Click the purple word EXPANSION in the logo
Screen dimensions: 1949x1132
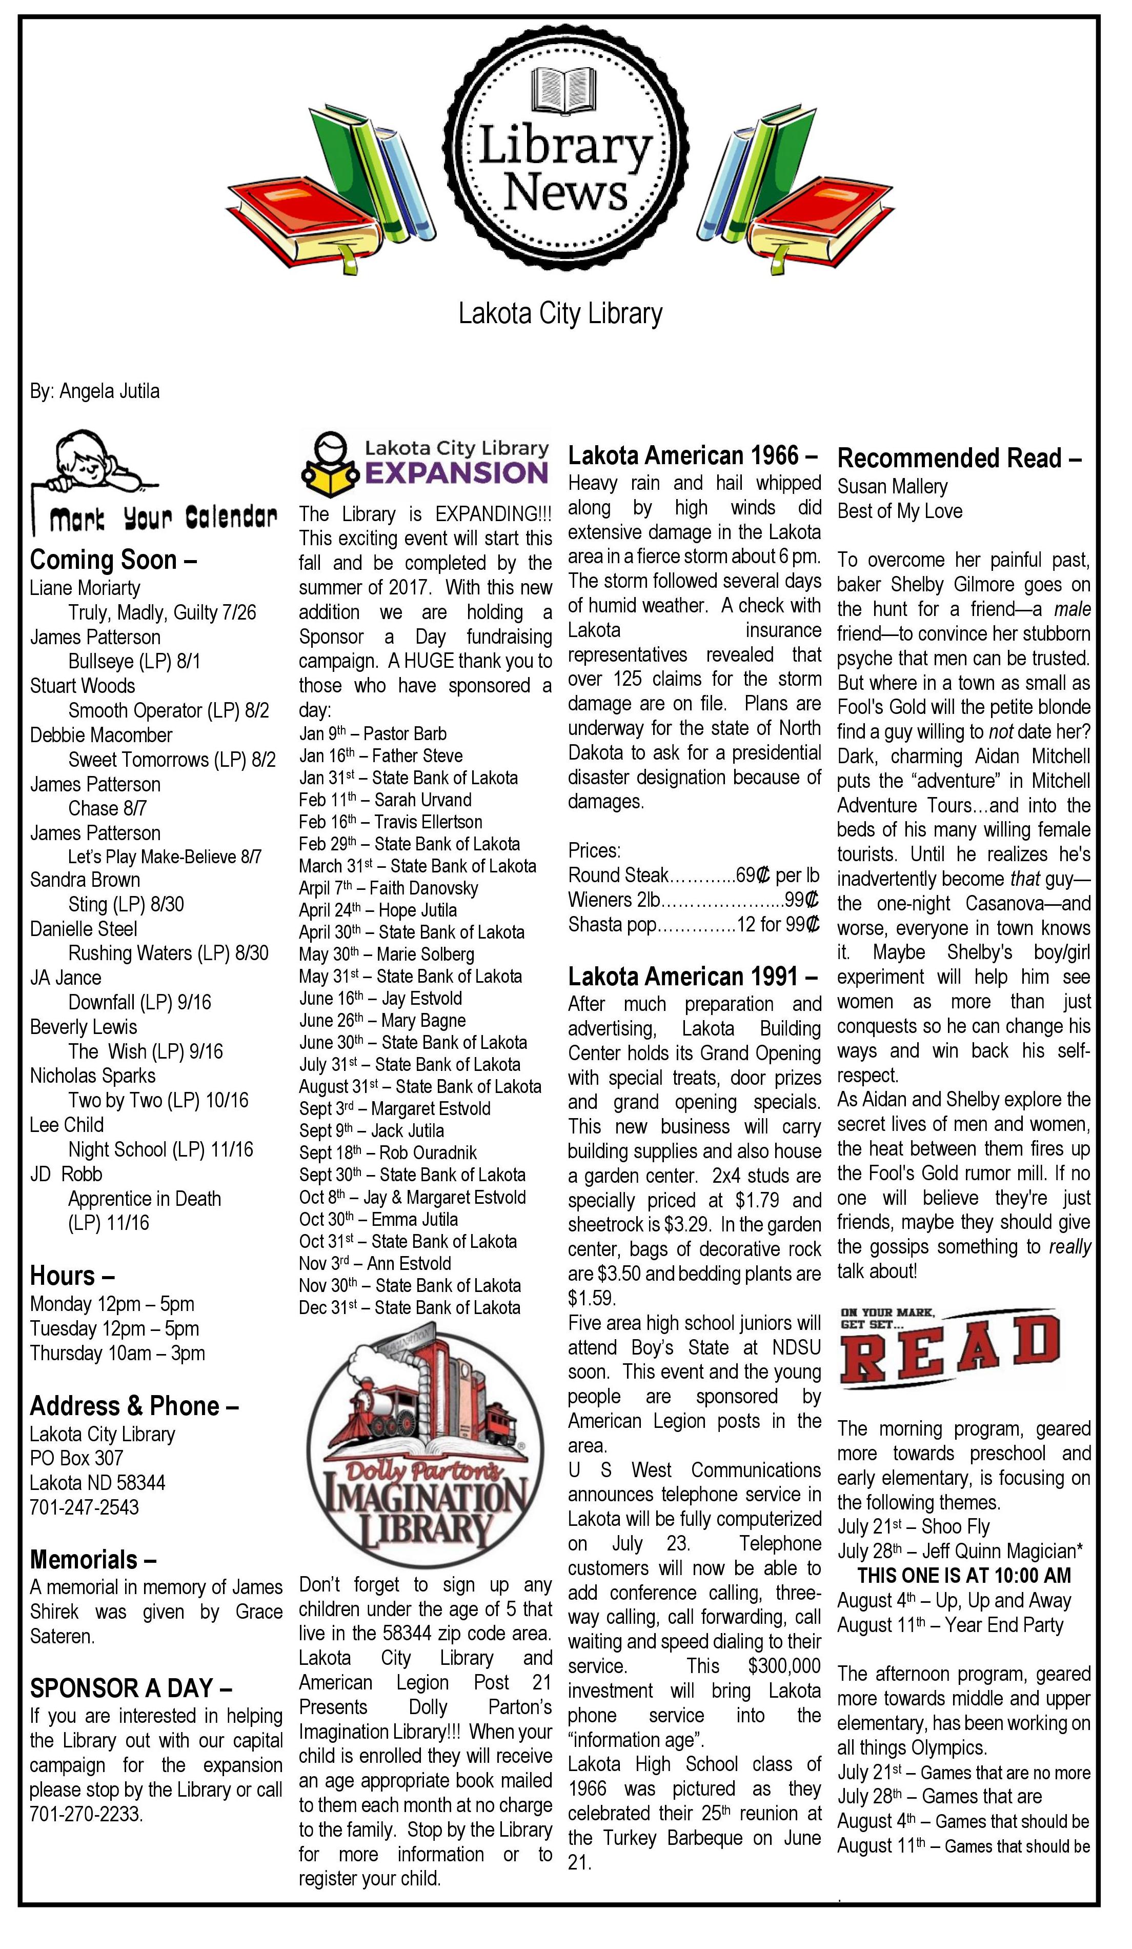(x=456, y=472)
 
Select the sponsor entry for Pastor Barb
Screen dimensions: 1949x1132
(x=373, y=733)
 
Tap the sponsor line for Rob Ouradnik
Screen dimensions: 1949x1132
(x=388, y=1153)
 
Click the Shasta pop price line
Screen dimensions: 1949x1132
(x=693, y=925)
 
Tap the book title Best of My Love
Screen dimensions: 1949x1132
(x=899, y=511)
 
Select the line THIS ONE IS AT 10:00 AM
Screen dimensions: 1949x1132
(x=963, y=1576)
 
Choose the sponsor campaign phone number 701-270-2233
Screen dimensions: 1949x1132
(x=87, y=1815)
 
